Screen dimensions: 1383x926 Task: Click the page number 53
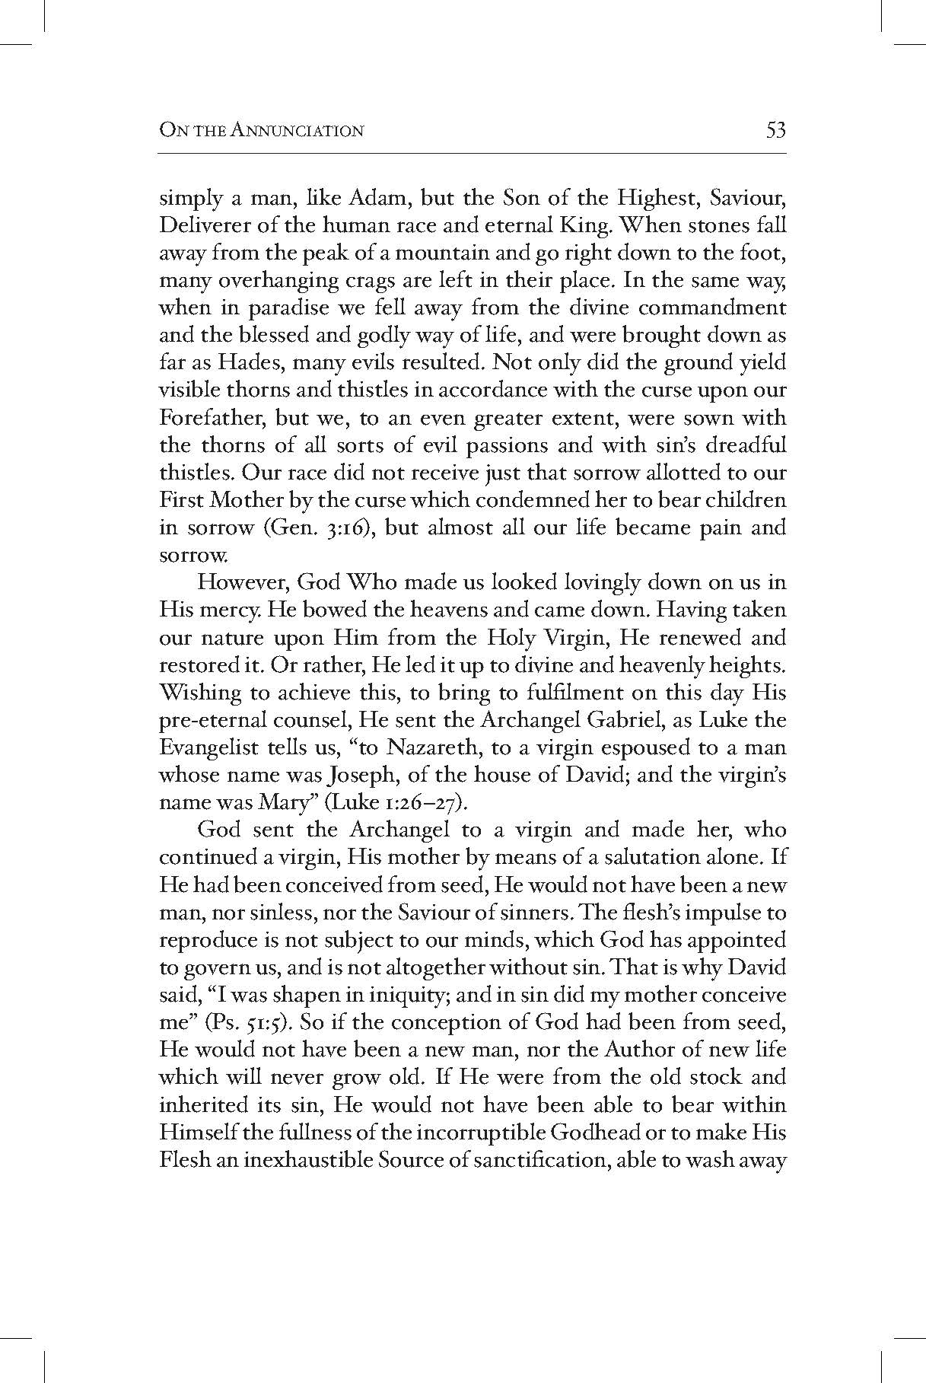pos(775,130)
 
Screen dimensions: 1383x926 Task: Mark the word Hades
pos(245,363)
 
